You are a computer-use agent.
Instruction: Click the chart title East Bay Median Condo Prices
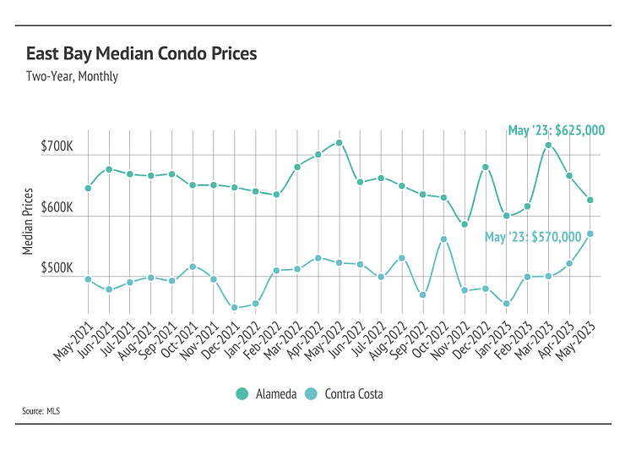[141, 54]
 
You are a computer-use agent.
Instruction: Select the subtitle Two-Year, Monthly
[72, 76]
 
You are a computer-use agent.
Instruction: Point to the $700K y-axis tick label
[57, 147]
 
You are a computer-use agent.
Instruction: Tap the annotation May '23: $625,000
[557, 130]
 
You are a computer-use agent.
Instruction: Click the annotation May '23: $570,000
[533, 237]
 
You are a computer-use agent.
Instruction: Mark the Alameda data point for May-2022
[339, 142]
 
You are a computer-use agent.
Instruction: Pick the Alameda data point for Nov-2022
[465, 224]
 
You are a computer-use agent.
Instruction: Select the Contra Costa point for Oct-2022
[443, 239]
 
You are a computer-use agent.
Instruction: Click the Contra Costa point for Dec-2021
[234, 308]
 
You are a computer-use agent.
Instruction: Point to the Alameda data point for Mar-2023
[548, 145]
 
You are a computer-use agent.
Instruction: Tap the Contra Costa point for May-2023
[590, 234]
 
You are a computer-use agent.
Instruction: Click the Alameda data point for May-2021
[88, 188]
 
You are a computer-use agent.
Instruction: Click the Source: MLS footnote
[41, 411]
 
